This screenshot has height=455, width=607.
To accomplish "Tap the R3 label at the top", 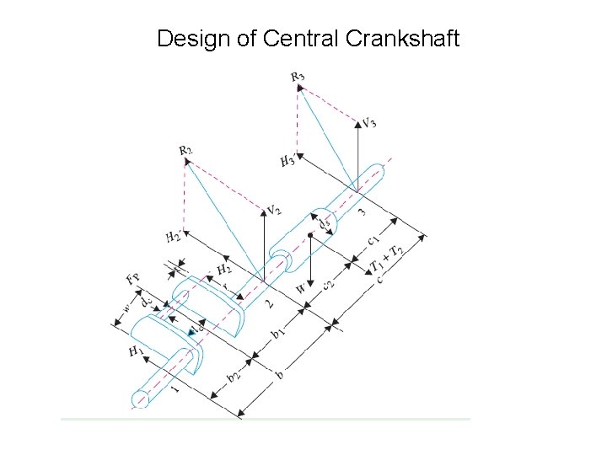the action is pos(298,78).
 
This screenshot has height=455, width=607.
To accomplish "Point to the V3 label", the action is pos(368,122).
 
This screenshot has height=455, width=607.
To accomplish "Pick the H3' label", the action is pos(288,159).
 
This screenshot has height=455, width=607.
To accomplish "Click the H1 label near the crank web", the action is pos(136,352).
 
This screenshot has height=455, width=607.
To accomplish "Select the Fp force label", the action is pos(132,278).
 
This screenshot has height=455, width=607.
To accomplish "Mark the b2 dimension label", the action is pos(233,378).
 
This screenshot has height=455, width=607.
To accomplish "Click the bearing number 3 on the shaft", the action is pos(362,210).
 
